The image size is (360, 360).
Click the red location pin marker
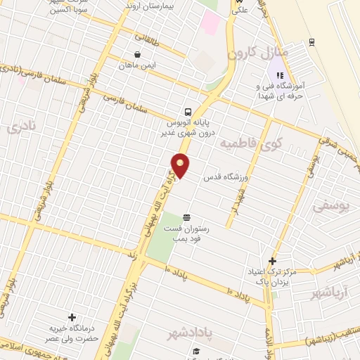tap(181, 166)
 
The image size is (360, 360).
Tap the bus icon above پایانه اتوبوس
tap(187, 112)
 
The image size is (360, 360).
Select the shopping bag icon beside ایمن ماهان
tap(136, 54)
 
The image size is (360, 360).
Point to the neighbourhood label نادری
tap(14, 129)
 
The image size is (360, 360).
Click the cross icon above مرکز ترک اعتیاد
tap(272, 262)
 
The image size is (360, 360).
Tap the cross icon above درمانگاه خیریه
tap(72, 318)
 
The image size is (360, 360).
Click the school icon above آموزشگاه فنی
tap(280, 76)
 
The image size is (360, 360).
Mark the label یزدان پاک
tap(273, 281)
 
